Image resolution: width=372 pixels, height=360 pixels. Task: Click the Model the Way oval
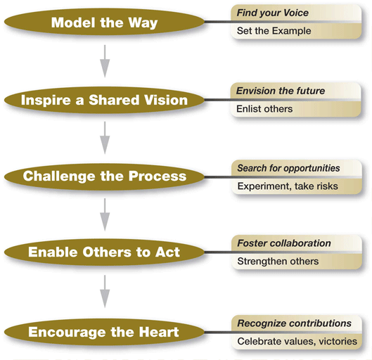pyautogui.click(x=104, y=22)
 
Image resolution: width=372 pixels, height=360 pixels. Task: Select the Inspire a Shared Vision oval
pyautogui.click(x=104, y=100)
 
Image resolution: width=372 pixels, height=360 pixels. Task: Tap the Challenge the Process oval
pyautogui.click(x=104, y=176)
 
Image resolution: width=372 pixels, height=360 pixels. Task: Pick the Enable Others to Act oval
pyautogui.click(x=104, y=252)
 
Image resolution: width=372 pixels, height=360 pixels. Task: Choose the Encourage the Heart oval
pyautogui.click(x=104, y=332)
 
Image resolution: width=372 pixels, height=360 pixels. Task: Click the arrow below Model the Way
pyautogui.click(x=105, y=61)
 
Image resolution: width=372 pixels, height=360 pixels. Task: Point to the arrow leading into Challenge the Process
pyautogui.click(x=105, y=138)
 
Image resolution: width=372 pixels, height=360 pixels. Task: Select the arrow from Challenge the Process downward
pyautogui.click(x=105, y=214)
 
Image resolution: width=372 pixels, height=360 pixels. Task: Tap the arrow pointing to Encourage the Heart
pyautogui.click(x=105, y=292)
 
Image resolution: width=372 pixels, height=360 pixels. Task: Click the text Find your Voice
pyautogui.click(x=273, y=13)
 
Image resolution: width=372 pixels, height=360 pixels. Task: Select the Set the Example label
pyautogui.click(x=274, y=31)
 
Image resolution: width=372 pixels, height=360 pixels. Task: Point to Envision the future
pyautogui.click(x=281, y=91)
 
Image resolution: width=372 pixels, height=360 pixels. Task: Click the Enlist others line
pyautogui.click(x=264, y=109)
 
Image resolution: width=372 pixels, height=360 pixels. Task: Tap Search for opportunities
pyautogui.click(x=288, y=168)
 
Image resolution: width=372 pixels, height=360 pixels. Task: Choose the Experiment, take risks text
pyautogui.click(x=288, y=186)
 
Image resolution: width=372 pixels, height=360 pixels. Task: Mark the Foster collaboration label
pyautogui.click(x=284, y=243)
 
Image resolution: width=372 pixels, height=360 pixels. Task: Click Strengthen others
pyautogui.click(x=278, y=262)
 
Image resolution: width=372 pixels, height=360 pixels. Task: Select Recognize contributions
pyautogui.click(x=294, y=323)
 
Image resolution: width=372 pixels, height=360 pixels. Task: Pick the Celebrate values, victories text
pyautogui.click(x=297, y=342)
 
